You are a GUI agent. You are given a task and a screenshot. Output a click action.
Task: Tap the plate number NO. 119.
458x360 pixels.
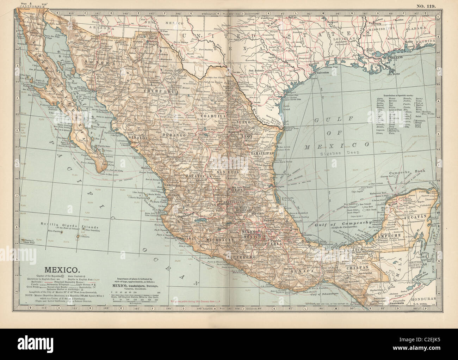pyautogui.click(x=425, y=6)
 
